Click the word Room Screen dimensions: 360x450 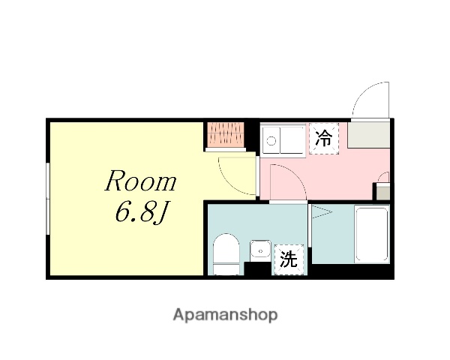(x=141, y=182)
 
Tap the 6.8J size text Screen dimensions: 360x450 (x=141, y=214)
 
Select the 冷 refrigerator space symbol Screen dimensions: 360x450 (x=324, y=138)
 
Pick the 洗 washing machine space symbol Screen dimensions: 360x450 (x=288, y=259)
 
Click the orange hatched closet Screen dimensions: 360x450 (x=226, y=135)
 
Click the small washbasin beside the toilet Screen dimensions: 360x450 (x=260, y=247)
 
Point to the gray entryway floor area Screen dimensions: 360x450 (x=368, y=135)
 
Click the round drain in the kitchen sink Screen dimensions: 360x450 (x=271, y=139)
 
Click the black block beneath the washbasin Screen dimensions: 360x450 (x=259, y=265)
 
